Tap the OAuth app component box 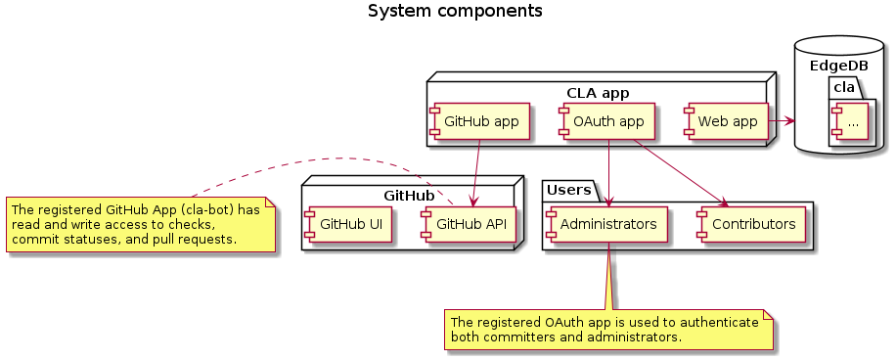[x=608, y=122]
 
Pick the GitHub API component [x=470, y=224]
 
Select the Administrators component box [x=607, y=224]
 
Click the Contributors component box [x=751, y=224]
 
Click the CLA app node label [x=598, y=93]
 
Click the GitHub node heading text [x=409, y=195]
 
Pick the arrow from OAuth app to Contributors [x=680, y=173]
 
